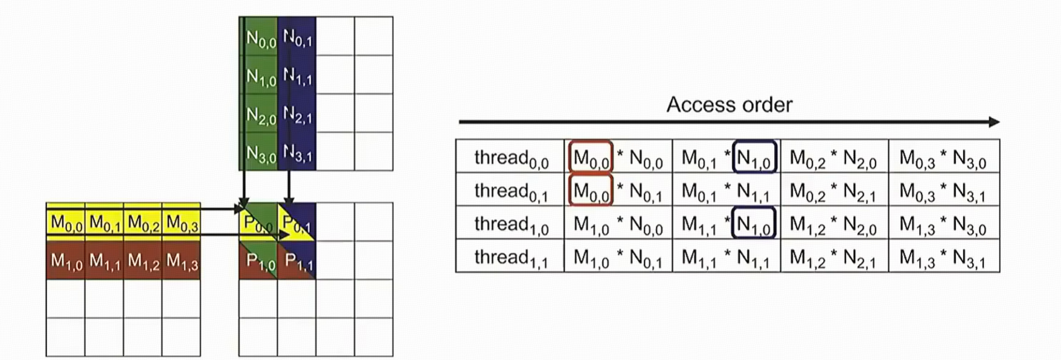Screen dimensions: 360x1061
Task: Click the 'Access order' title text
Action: click(x=729, y=105)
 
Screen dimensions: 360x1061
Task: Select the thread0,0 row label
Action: click(x=510, y=158)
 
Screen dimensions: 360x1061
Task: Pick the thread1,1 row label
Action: click(x=510, y=257)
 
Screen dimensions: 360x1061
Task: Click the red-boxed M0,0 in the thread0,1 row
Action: click(x=591, y=191)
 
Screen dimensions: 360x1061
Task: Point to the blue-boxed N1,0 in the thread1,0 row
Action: click(x=754, y=224)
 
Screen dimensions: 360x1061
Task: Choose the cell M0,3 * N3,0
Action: click(x=943, y=158)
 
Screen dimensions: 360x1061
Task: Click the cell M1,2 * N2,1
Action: click(x=833, y=257)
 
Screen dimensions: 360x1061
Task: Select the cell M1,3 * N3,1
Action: click(x=943, y=257)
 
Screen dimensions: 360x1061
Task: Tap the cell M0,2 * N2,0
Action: click(x=833, y=158)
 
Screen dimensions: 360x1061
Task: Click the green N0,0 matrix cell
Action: click(x=260, y=39)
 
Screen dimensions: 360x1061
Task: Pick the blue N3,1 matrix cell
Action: click(x=297, y=153)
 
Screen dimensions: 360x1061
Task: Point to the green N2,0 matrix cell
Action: click(x=260, y=115)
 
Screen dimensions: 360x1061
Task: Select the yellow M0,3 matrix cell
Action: click(x=182, y=223)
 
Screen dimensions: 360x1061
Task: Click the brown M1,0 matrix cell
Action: click(x=66, y=261)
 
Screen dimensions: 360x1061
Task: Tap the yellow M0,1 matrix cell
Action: click(x=104, y=223)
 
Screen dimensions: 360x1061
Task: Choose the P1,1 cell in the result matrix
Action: click(x=298, y=261)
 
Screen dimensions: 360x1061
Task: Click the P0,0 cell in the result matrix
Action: click(x=258, y=223)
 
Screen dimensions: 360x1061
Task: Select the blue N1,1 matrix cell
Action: click(x=297, y=77)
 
